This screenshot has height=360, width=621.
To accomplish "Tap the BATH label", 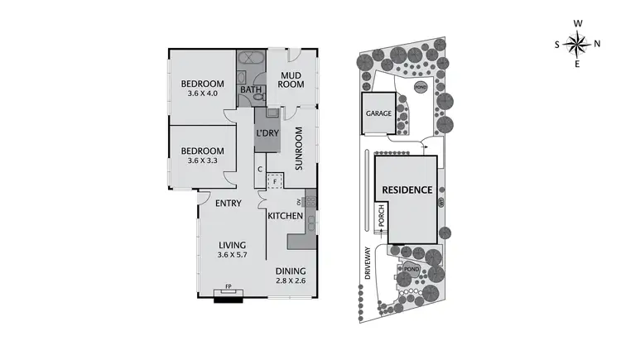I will click(249, 90).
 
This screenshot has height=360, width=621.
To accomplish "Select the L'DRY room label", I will click(267, 132).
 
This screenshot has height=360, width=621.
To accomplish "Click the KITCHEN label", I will click(286, 216).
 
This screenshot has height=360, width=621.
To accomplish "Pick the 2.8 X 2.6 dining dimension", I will click(291, 282).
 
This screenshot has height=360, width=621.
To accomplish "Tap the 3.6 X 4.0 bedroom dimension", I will click(202, 94).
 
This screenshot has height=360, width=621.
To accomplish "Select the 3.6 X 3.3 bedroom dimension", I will click(202, 161).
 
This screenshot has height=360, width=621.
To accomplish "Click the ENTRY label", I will click(228, 203).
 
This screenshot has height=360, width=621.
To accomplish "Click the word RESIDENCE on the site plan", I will click(407, 190).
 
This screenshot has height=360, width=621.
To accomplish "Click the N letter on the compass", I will click(595, 43).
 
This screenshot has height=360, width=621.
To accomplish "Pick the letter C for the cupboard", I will click(260, 170).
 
